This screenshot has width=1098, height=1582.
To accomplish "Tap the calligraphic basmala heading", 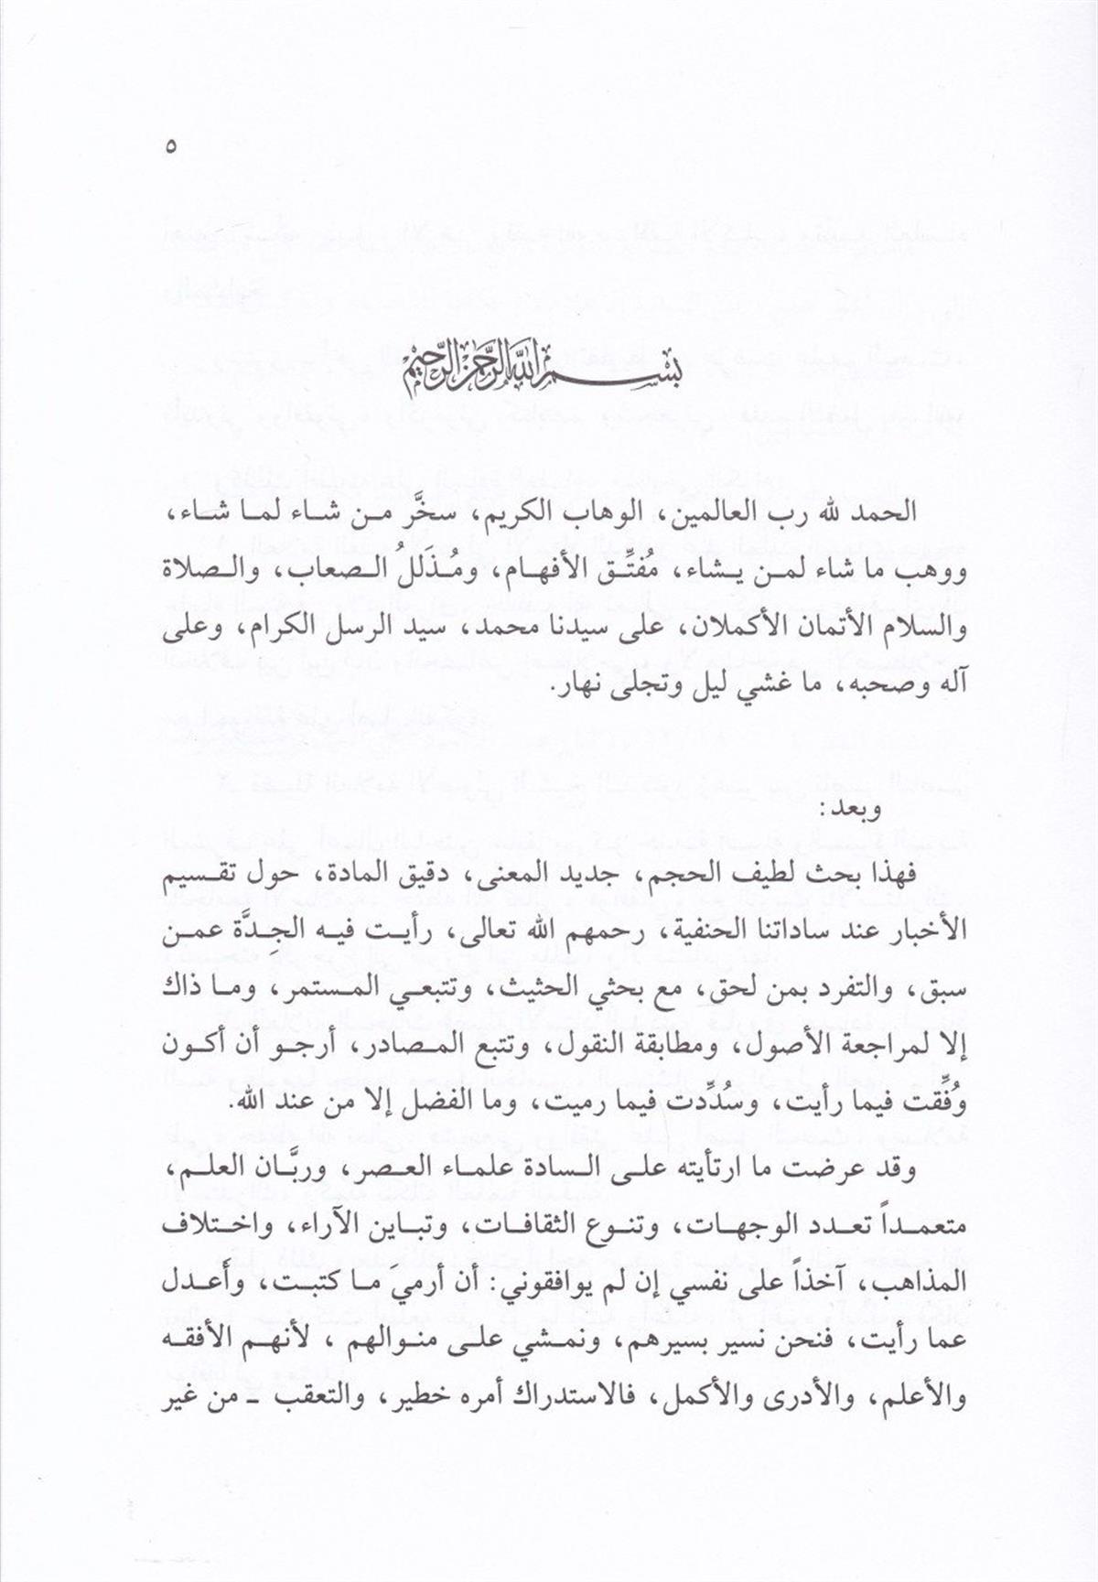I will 548,369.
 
